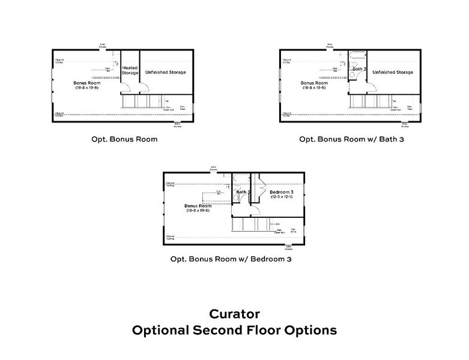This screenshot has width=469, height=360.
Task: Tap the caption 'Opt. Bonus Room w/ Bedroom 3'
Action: point(231,259)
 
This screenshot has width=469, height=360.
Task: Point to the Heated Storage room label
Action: point(130,71)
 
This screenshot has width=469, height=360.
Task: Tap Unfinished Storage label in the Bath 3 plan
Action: point(392,72)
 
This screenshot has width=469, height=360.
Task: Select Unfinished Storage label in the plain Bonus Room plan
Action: point(165,72)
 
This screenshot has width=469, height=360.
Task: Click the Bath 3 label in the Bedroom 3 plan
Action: point(243,192)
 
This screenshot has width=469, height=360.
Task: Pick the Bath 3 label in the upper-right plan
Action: point(359,69)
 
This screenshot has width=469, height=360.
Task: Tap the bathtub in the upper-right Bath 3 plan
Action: point(359,58)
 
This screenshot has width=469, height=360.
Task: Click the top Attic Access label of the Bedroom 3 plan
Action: point(213,168)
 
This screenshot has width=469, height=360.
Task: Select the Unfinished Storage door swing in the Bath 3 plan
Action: point(372,88)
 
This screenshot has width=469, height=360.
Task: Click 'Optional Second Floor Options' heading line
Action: point(234,330)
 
